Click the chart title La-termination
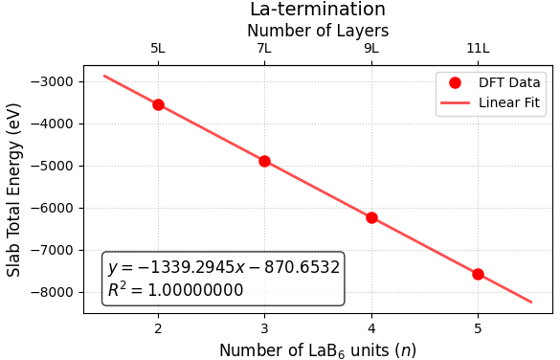coord(318,10)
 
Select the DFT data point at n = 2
coord(158,104)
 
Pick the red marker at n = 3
coord(264,161)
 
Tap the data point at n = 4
coord(371,217)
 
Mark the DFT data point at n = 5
coord(478,274)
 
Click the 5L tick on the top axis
coord(158,48)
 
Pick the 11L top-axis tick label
coord(478,48)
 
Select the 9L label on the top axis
coord(371,48)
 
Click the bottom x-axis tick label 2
coord(158,329)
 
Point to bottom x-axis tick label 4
coord(371,329)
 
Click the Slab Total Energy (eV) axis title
coord(14,190)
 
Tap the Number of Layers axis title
coord(318,31)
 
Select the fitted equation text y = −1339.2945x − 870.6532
coord(223,268)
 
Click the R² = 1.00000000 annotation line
coord(175,290)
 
